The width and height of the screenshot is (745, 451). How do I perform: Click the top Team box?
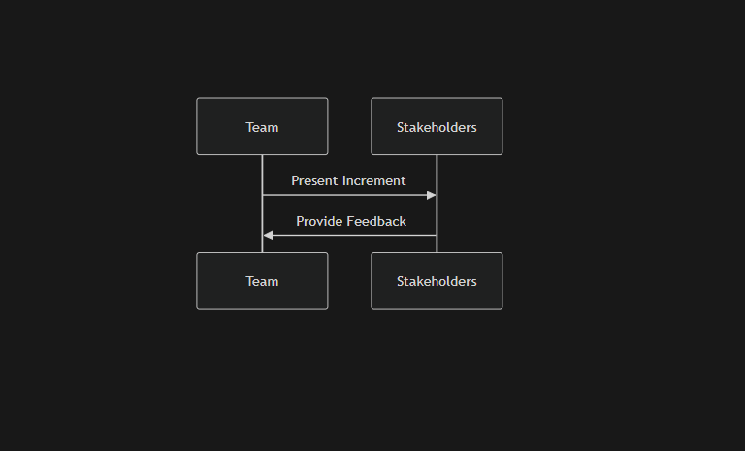tap(262, 126)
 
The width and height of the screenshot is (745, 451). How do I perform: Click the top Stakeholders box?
tap(437, 126)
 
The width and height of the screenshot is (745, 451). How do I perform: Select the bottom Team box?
tap(262, 281)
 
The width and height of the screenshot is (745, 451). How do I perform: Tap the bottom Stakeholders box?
tap(437, 281)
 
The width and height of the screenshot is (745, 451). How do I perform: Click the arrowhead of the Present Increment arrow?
tap(432, 195)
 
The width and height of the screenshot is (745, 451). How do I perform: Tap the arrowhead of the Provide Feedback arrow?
tap(268, 236)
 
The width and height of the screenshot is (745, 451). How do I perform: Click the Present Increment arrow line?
tap(349, 195)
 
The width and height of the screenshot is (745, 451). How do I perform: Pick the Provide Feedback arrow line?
tap(349, 236)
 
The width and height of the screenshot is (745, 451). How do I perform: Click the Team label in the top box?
tap(262, 127)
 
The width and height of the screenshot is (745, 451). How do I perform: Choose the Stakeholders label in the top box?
tap(437, 127)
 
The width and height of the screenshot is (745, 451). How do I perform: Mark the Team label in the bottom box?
tap(262, 282)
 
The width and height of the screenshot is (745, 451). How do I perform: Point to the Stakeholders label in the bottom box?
tap(437, 282)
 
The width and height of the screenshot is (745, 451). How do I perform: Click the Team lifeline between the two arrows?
tap(262, 215)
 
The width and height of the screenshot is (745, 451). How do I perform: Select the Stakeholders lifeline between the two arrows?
tap(437, 215)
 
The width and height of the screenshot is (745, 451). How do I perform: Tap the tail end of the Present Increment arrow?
tap(263, 195)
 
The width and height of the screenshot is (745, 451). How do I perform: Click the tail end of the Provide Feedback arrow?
tap(437, 236)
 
